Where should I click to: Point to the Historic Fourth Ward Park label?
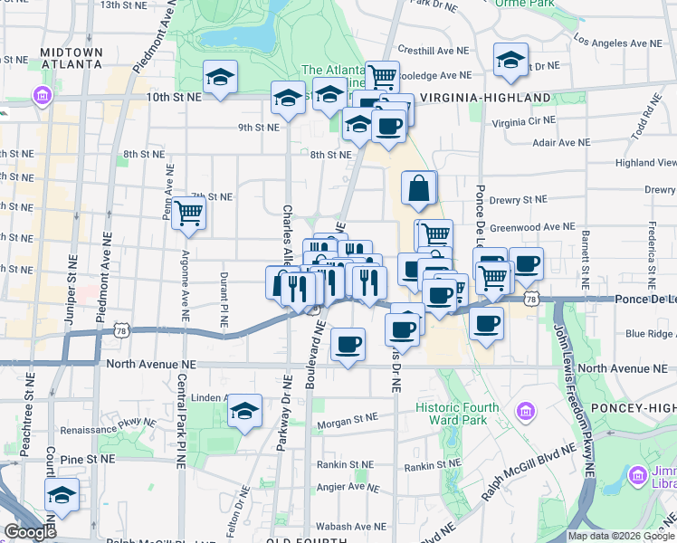[x=457, y=414]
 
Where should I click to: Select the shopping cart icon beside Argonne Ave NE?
[x=189, y=214]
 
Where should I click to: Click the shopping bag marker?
[x=420, y=188]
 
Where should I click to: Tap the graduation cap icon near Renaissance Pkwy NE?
[x=244, y=411]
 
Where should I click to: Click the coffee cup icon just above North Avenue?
[x=348, y=345]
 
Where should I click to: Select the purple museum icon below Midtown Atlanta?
[x=42, y=95]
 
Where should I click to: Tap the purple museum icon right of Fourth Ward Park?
[x=523, y=413]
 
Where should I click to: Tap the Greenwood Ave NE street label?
[x=534, y=227]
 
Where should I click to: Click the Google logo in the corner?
[x=30, y=533]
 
